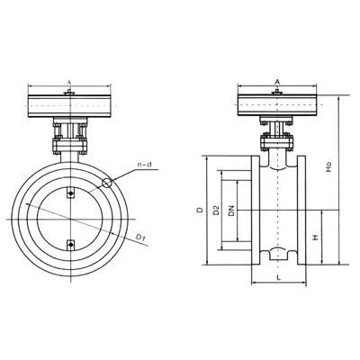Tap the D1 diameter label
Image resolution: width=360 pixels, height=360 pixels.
tap(140, 237)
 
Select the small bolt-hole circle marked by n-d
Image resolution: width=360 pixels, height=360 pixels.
tap(108, 183)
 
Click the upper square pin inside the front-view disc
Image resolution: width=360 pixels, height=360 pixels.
tap(71, 191)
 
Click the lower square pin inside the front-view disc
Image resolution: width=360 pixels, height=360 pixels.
tap(71, 240)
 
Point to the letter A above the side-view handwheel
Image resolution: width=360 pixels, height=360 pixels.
tap(276, 82)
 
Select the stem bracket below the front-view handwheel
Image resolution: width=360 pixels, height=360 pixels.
tap(70, 139)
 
